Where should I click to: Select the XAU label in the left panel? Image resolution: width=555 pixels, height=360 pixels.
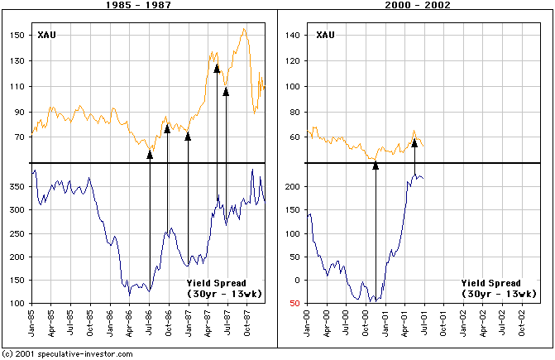point(48,35)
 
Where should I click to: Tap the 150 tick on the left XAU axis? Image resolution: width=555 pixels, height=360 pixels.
point(17,36)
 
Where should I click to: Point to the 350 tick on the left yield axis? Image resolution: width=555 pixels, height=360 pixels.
point(17,187)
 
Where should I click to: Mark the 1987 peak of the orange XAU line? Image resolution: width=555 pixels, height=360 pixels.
point(244,29)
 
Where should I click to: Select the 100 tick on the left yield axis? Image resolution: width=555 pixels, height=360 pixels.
point(17,303)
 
